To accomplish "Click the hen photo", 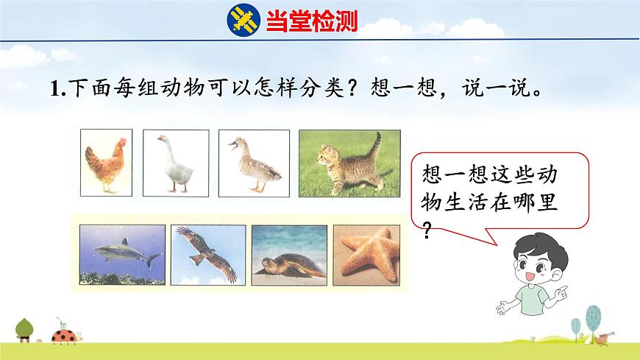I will (x=106, y=162).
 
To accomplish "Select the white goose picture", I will (x=175, y=162).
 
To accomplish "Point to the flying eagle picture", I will (x=208, y=254).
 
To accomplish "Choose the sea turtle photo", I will (x=288, y=254).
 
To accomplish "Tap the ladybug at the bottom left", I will (x=62, y=336).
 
